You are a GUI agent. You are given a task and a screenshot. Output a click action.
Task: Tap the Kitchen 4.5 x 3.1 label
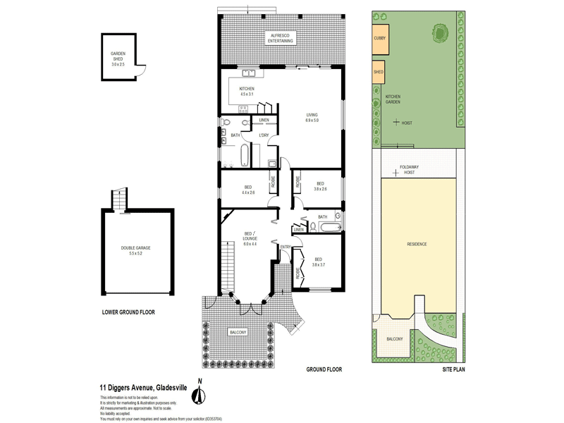[x=246, y=91]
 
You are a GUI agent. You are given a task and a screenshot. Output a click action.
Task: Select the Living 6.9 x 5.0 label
[x=312, y=118]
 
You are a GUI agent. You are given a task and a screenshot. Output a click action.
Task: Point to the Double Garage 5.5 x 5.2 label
[x=135, y=250]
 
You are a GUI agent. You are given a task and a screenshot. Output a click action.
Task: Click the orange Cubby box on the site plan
[x=379, y=42]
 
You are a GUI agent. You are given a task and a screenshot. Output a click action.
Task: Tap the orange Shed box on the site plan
[x=379, y=72]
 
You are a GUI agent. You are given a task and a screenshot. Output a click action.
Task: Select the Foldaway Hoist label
[x=409, y=169]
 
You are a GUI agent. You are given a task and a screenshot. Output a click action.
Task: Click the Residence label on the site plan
[x=417, y=244]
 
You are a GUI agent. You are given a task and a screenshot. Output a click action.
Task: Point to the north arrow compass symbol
[x=200, y=395]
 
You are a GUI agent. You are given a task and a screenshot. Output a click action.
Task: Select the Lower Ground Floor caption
[x=128, y=312]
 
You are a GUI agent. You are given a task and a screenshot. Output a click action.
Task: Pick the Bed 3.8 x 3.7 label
[x=318, y=262]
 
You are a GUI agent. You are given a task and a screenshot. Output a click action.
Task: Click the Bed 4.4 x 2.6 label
[x=248, y=190]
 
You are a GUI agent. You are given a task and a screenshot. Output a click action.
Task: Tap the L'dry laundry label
[x=265, y=135]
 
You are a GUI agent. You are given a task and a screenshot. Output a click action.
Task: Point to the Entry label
[x=285, y=246]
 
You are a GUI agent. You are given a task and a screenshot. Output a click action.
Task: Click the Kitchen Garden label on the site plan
[x=393, y=99]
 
